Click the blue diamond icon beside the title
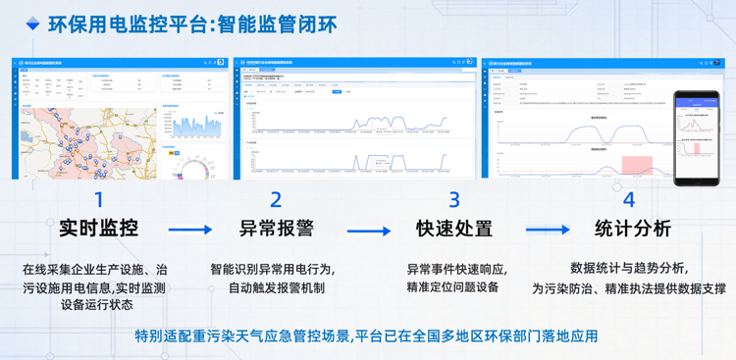pyautogui.click(x=32, y=24)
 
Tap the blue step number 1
pyautogui.click(x=98, y=200)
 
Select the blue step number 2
pyautogui.click(x=276, y=200)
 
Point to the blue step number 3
pyautogui.click(x=453, y=200)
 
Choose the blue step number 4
pyautogui.click(x=629, y=200)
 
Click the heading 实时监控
pyautogui.click(x=98, y=230)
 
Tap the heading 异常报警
pyautogui.click(x=276, y=230)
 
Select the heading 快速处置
pyautogui.click(x=453, y=230)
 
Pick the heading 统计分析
pyautogui.click(x=632, y=230)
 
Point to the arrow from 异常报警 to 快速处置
pyautogui.click(x=368, y=231)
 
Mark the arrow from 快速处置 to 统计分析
pyautogui.click(x=547, y=231)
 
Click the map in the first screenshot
pyautogui.click(x=87, y=142)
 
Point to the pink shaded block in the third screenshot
pyautogui.click(x=637, y=164)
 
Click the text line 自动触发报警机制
pyautogui.click(x=276, y=288)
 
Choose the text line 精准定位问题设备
pyautogui.click(x=453, y=287)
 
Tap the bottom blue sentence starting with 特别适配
pyautogui.click(x=367, y=336)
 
